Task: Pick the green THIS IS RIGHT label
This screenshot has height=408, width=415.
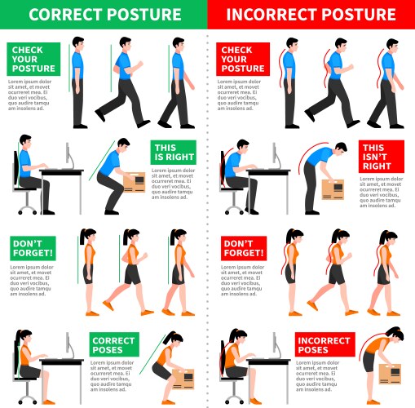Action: tap(170, 153)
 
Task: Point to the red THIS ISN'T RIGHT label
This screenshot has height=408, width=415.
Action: tap(382, 153)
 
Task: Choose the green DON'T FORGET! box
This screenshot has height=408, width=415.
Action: tap(32, 248)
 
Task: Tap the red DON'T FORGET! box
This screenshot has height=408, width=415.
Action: tap(243, 248)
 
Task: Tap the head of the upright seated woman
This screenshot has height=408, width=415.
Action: tap(24, 336)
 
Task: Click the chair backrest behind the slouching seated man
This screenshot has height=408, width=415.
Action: tap(223, 166)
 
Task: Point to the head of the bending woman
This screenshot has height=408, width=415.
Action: tap(395, 336)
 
